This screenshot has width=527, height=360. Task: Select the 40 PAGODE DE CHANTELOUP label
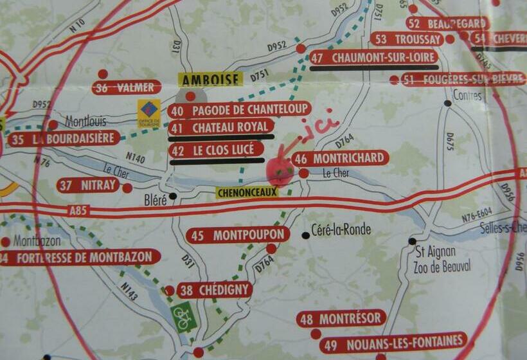[x=240, y=109]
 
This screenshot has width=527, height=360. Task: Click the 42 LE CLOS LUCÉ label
[x=217, y=150]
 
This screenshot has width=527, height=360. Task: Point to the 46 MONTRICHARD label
[x=341, y=158]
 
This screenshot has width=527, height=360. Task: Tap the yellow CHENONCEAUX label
[x=247, y=192]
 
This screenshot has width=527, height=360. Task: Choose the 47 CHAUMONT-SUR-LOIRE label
[x=374, y=57]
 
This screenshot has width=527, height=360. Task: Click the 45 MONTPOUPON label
[x=238, y=235]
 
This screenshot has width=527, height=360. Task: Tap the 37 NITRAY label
[x=89, y=186]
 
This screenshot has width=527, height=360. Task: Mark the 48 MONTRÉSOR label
[x=341, y=318]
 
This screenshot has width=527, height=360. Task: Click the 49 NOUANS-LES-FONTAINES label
[x=393, y=341]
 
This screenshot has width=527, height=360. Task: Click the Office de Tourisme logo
[x=149, y=113]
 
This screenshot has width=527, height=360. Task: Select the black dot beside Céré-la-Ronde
[x=305, y=235]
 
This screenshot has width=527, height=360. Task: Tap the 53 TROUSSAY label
[x=407, y=39]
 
